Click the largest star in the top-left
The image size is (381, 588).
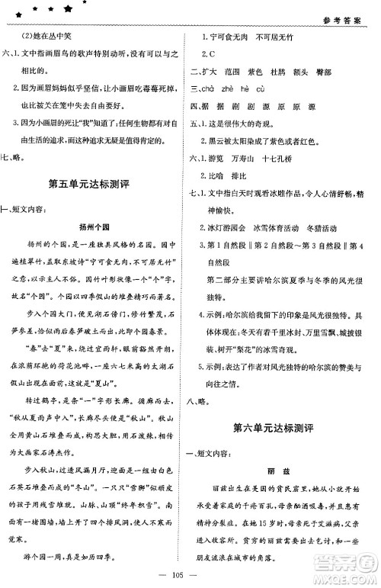69,11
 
